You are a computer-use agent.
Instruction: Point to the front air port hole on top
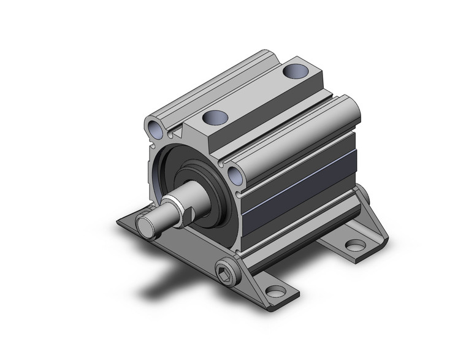(214, 117)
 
